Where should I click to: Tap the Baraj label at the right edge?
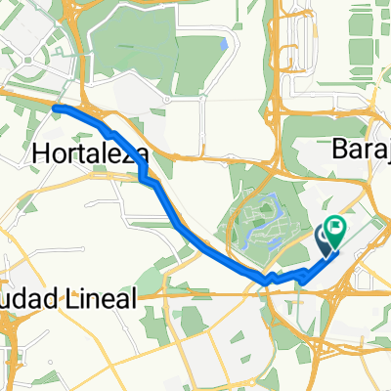(x=361, y=149)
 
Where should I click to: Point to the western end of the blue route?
(x=56, y=107)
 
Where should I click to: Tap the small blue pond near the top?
(x=224, y=44)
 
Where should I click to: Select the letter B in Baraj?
(x=341, y=149)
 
